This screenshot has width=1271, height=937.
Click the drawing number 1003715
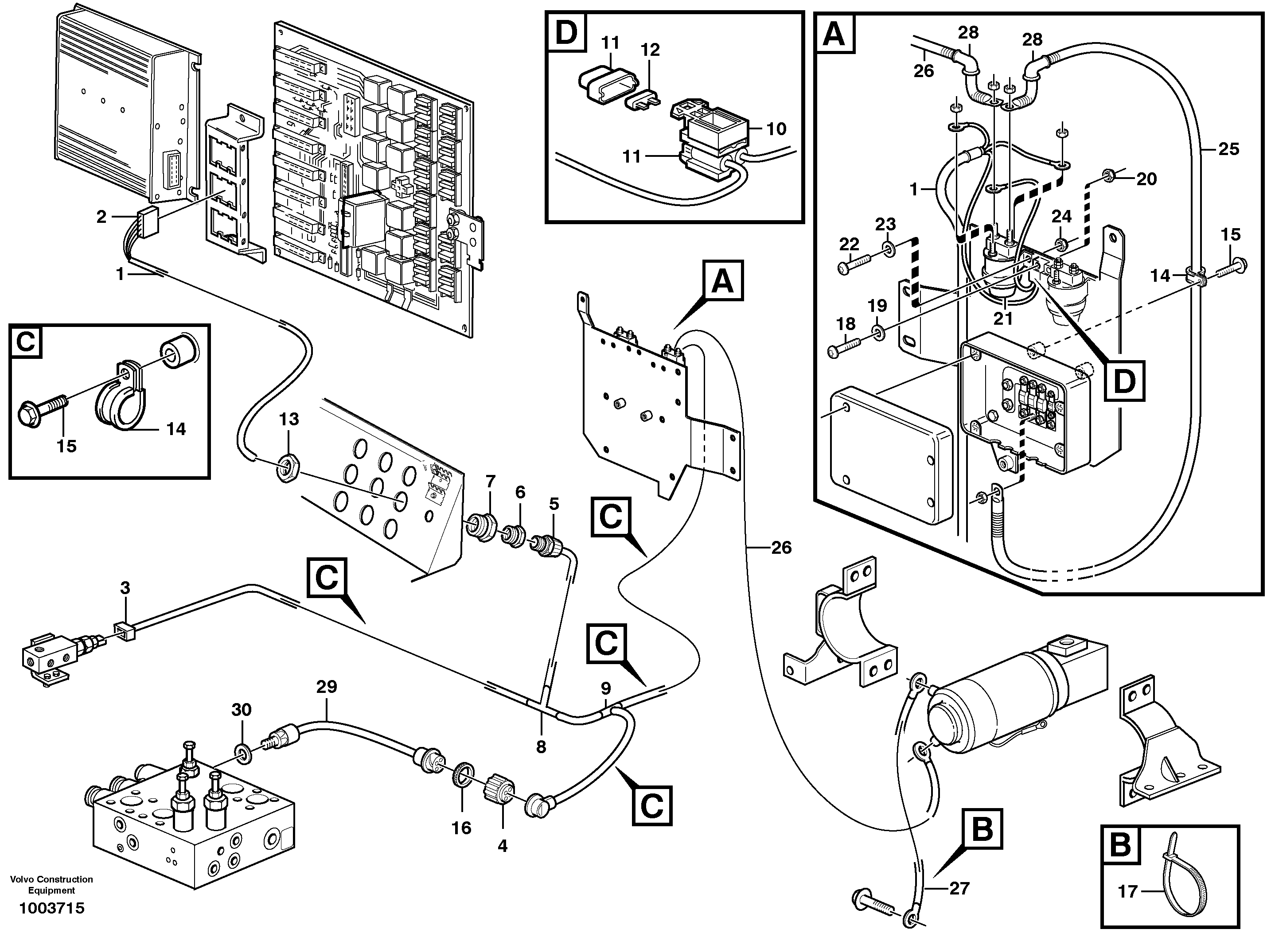coord(52,909)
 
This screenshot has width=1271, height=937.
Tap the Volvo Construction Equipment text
coord(52,885)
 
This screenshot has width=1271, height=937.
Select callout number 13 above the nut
coord(289,419)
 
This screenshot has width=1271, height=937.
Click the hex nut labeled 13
coord(288,470)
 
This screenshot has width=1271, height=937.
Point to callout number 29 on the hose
coord(327,687)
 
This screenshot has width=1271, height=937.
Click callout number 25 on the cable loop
coord(1229,149)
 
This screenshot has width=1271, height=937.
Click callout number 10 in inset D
coord(776,129)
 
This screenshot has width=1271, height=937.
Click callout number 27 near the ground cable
coord(959,888)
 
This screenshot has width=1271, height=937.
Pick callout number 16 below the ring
coord(461,828)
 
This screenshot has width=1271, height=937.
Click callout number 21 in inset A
coord(1002,319)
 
